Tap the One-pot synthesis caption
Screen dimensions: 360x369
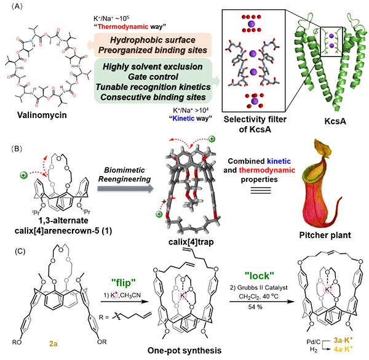pos(184,350)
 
